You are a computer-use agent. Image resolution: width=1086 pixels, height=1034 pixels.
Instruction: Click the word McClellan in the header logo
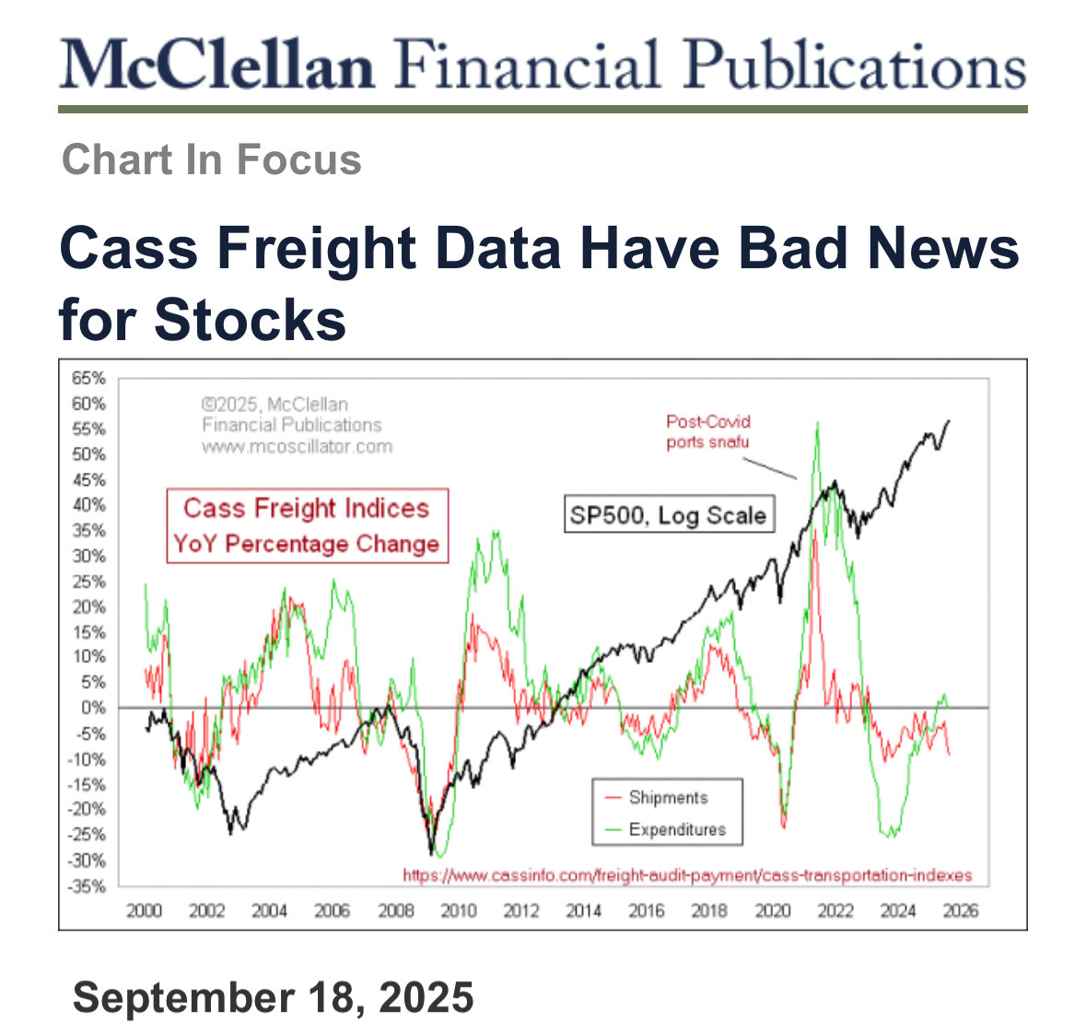click(217, 65)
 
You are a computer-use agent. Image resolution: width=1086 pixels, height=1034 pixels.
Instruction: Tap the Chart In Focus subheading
click(211, 159)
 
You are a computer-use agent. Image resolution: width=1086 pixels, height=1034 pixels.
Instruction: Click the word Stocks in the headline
click(250, 320)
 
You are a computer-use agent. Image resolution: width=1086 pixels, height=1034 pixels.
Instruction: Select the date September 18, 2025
click(273, 998)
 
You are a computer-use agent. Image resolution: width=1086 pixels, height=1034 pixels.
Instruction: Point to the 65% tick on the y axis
click(89, 378)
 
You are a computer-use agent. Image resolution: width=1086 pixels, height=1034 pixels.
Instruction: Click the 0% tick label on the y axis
click(93, 708)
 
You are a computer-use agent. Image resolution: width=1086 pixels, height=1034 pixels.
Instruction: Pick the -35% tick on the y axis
click(89, 887)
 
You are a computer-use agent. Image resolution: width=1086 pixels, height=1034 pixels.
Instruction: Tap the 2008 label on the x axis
click(396, 911)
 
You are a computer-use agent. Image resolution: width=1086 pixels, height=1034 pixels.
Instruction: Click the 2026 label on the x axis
click(961, 911)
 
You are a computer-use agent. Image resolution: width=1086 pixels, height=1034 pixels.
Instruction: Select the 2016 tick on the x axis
click(647, 911)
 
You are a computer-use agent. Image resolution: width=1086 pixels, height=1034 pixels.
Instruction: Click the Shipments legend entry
click(668, 798)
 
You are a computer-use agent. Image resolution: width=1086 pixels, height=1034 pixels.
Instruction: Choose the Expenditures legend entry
click(677, 829)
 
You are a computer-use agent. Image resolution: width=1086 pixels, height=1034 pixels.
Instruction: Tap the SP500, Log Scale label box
click(668, 514)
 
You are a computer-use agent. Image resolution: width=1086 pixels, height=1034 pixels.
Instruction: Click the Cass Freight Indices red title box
click(307, 525)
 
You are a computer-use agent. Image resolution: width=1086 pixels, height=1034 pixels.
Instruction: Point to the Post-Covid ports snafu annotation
click(708, 431)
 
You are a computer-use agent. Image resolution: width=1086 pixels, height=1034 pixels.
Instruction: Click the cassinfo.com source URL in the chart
click(687, 875)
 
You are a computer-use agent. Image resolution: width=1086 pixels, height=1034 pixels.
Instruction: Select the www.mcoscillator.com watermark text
click(297, 447)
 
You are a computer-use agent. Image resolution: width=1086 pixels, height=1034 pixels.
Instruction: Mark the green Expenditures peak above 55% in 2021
click(816, 424)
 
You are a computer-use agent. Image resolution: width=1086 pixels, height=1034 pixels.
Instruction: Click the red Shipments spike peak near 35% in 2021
click(814, 531)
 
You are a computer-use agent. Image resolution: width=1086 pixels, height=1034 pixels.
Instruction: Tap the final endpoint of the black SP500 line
click(950, 421)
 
